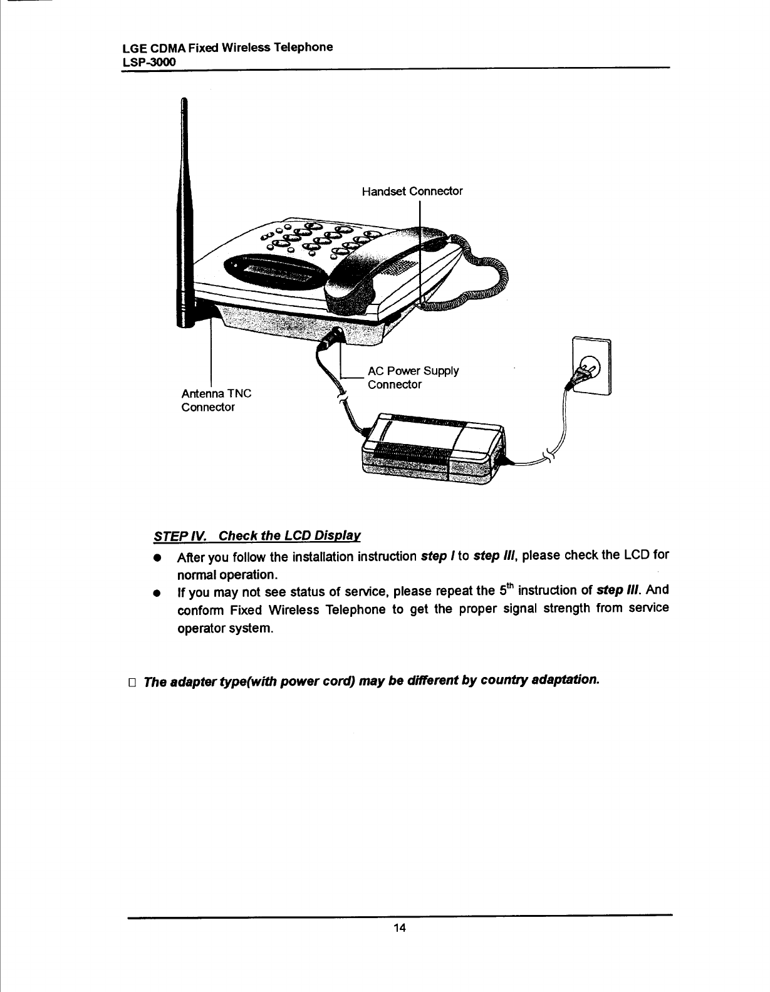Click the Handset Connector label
[412, 191]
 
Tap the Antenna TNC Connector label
[216, 400]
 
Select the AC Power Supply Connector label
[413, 377]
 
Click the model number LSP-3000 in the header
[148, 63]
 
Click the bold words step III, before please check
[495, 555]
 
